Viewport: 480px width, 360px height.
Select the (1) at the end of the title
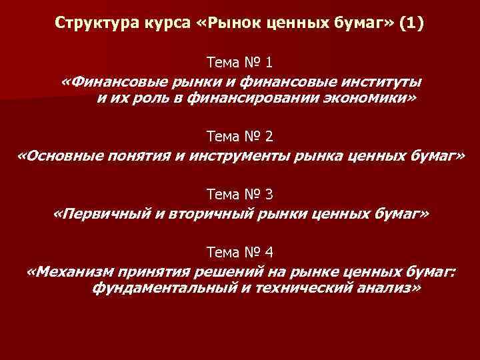409,24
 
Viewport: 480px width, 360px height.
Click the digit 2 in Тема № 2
269,137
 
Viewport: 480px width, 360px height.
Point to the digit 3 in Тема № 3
269,195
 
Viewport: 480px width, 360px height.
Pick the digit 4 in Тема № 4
269,253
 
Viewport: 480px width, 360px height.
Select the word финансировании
246,99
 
